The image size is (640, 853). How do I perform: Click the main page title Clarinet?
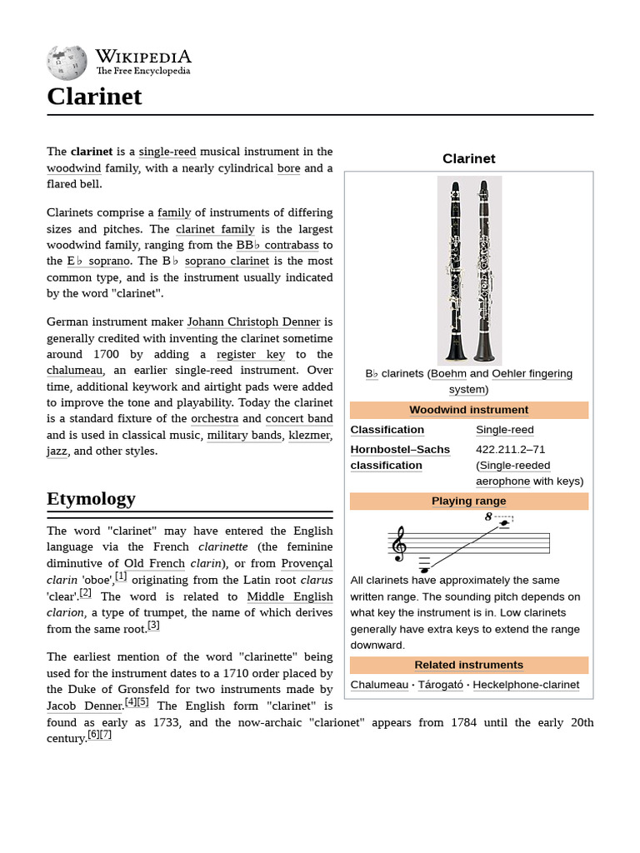click(94, 97)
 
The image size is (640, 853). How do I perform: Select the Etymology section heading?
click(91, 499)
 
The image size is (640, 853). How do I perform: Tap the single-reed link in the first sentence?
click(167, 152)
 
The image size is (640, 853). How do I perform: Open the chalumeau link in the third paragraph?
click(75, 370)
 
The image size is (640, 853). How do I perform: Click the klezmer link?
click(310, 435)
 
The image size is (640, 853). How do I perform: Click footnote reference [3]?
click(153, 626)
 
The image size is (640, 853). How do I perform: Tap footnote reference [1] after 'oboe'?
click(121, 576)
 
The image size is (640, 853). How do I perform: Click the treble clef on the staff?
click(399, 543)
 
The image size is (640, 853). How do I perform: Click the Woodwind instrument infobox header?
click(468, 410)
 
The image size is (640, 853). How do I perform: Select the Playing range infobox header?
click(468, 501)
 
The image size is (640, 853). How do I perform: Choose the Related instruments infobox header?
click(468, 665)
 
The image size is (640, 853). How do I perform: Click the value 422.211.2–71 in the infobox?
click(510, 449)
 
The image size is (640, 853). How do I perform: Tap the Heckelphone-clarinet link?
click(525, 685)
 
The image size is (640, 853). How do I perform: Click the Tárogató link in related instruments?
click(440, 685)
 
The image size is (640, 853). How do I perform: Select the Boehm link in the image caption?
click(448, 373)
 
